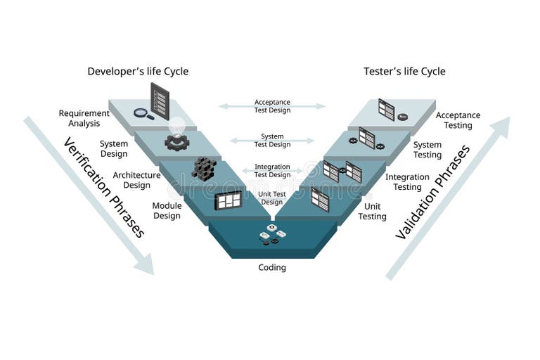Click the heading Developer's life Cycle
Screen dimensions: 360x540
138,71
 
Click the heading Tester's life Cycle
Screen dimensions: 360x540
404,71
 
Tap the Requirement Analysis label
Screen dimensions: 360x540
84,118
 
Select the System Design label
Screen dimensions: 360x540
114,148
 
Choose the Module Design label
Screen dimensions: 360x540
167,211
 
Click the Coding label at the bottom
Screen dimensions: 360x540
271,267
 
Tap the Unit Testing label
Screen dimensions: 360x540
372,212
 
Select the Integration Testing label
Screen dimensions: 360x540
407,182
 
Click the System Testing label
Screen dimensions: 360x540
427,150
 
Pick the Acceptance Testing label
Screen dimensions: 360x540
458,120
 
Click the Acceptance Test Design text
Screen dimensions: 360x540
272,106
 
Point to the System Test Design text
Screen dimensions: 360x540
272,141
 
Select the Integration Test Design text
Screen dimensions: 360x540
272,171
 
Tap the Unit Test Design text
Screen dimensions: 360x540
272,198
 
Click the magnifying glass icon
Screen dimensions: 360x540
143,112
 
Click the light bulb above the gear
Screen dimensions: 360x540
176,126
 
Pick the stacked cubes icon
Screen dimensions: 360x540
204,168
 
